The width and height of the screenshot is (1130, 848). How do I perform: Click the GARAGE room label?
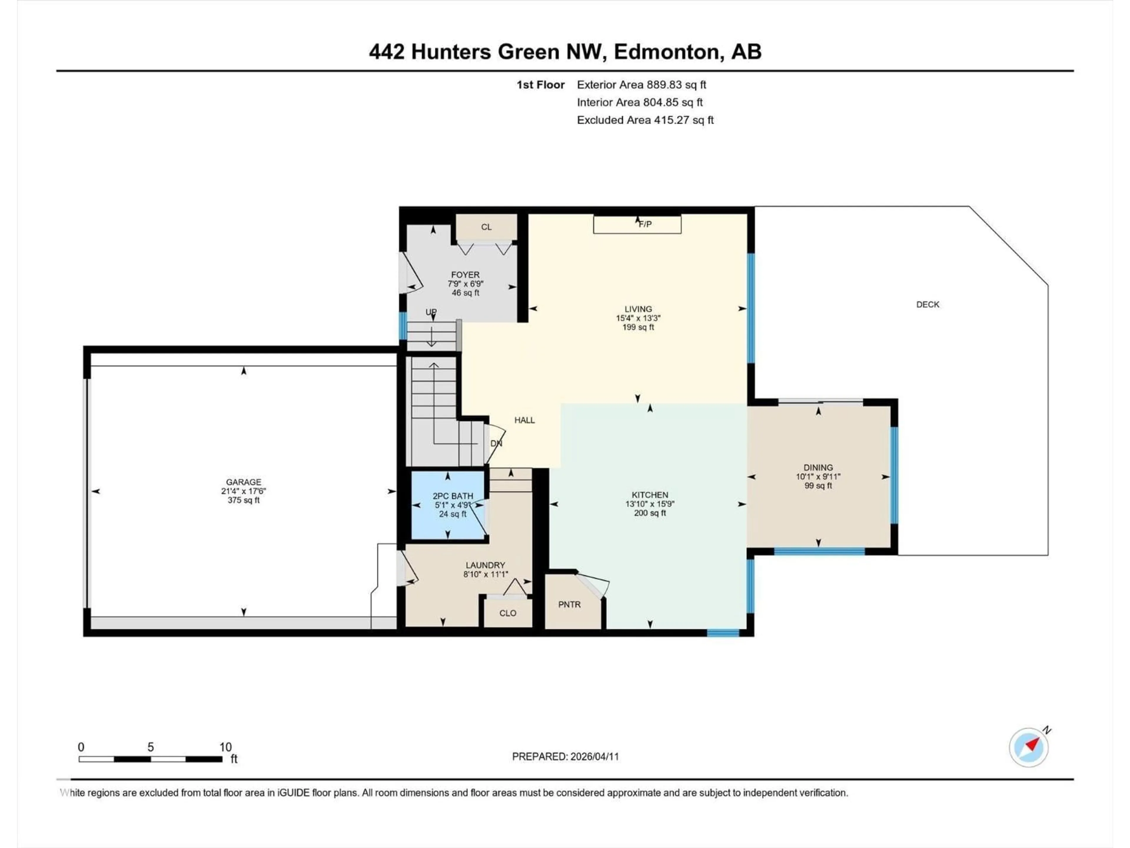point(244,482)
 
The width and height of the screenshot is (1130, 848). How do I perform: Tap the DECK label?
point(928,305)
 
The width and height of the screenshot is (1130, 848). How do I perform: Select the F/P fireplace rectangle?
point(637,224)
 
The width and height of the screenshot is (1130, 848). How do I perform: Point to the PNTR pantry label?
point(569,605)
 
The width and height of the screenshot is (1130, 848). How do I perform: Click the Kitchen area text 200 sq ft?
point(650,513)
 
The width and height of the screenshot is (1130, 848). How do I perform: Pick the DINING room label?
point(818,468)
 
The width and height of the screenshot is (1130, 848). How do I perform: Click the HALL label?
point(525,420)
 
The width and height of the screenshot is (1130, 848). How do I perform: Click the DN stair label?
point(496,444)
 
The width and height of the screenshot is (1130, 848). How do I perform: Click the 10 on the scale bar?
point(225,747)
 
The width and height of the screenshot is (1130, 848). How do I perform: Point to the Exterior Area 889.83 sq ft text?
point(642,85)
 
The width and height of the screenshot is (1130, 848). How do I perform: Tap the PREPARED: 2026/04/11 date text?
point(566,756)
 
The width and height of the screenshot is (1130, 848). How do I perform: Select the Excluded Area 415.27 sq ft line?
point(645,120)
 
